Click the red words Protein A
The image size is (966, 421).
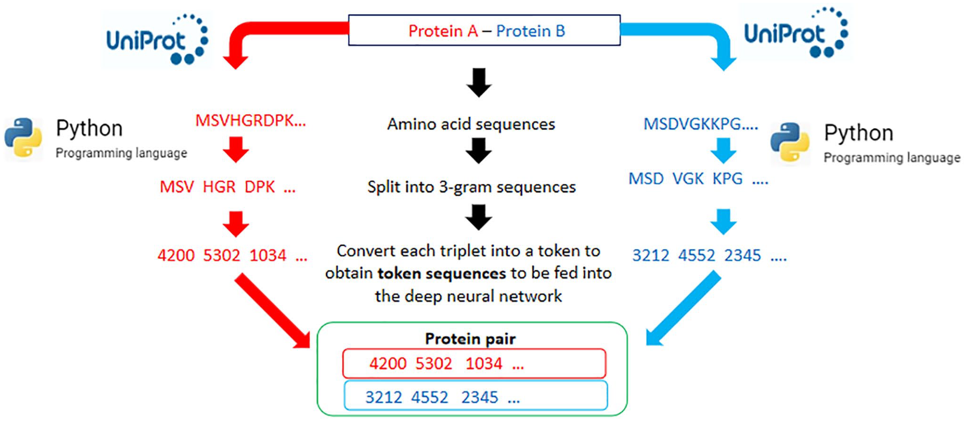pyautogui.click(x=443, y=31)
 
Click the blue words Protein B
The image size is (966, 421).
pyautogui.click(x=530, y=31)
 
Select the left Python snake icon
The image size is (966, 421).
pyautogui.click(x=23, y=137)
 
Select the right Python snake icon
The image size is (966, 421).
pyautogui.click(x=790, y=143)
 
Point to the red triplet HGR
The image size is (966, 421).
pyautogui.click(x=219, y=187)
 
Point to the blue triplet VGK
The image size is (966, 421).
pyautogui.click(x=688, y=179)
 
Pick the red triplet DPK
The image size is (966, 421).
pyautogui.click(x=259, y=187)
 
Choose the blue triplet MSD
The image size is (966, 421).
pyautogui.click(x=646, y=179)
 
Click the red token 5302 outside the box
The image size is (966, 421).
pyautogui.click(x=222, y=255)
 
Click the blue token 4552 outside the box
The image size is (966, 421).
pyautogui.click(x=697, y=255)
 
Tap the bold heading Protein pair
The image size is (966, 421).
pyautogui.click(x=470, y=339)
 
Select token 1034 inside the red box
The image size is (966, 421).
pyautogui.click(x=483, y=363)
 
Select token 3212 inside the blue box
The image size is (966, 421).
pyautogui.click(x=383, y=397)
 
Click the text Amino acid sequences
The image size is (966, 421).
pyautogui.click(x=471, y=124)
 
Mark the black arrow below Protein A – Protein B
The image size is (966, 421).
pyautogui.click(x=479, y=83)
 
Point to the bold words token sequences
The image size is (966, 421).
pyautogui.click(x=441, y=273)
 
